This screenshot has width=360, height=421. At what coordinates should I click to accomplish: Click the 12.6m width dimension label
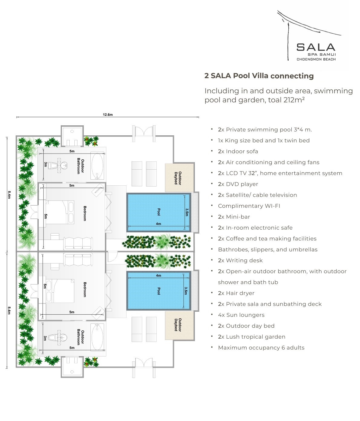[108, 114]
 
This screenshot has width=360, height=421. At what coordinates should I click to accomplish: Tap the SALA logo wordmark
[316, 47]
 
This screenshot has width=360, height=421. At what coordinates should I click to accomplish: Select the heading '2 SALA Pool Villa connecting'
[259, 76]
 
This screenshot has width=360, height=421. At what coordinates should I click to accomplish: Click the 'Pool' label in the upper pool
[159, 212]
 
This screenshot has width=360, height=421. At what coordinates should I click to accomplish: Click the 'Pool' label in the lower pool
[159, 291]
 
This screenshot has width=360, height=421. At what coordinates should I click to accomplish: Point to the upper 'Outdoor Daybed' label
[178, 178]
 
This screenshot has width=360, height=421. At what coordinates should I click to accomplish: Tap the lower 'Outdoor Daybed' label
[178, 325]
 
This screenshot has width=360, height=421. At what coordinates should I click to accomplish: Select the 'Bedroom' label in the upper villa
[85, 213]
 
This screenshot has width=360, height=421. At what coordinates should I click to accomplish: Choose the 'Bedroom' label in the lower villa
[85, 290]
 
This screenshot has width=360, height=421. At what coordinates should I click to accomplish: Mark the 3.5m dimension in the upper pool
[187, 212]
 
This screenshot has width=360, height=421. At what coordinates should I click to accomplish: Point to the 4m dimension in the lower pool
[159, 275]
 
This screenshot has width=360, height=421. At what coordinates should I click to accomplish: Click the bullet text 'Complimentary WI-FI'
[249, 206]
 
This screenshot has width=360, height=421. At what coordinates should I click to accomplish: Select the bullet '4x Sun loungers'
[241, 315]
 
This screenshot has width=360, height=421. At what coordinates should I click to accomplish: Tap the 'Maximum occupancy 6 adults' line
[261, 347]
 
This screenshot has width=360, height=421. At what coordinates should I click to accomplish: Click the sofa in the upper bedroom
[78, 243]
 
